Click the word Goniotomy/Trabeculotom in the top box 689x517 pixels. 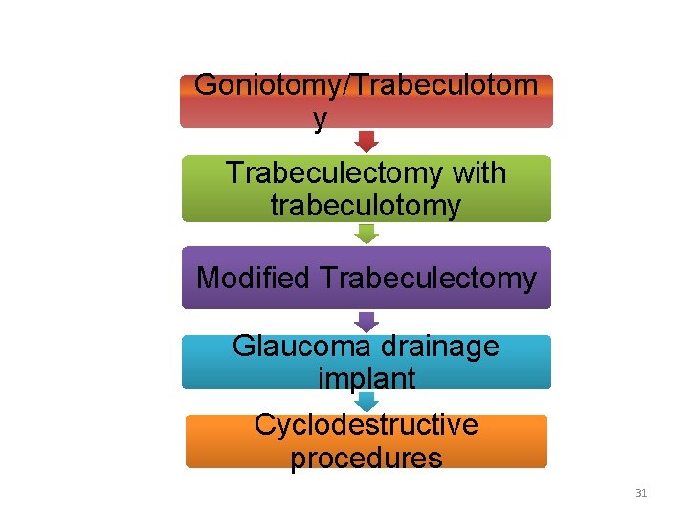(366, 84)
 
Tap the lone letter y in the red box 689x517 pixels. (320, 119)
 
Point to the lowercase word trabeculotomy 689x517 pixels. (366, 205)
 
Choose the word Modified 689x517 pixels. (254, 278)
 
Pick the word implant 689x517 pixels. (366, 378)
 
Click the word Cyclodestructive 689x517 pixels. (366, 424)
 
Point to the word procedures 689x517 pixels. (366, 458)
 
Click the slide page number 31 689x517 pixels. (641, 494)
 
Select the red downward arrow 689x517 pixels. (367, 141)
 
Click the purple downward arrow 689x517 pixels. (367, 322)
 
